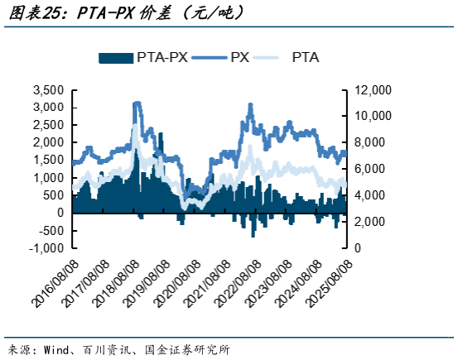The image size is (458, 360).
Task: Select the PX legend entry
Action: [240, 57]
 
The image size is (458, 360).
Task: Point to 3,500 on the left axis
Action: [48, 89]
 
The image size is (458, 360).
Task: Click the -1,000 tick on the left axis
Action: [46, 248]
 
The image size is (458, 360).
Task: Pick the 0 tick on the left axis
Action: [60, 213]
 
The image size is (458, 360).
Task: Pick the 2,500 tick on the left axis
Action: [48, 125]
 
